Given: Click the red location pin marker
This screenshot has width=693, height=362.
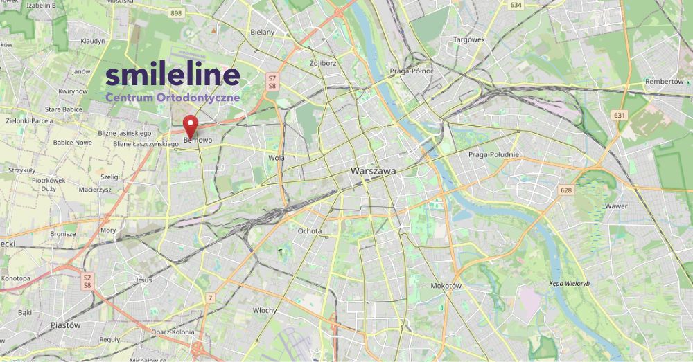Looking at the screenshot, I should coord(191,127).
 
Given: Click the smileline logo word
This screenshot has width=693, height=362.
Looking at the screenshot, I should coord(173,75).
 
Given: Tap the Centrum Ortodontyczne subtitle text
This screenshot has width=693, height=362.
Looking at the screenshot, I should coord(173,98).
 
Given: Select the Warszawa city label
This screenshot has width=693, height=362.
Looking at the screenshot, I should coord(373,170).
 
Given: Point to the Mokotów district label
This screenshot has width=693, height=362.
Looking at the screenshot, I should coord(446,285).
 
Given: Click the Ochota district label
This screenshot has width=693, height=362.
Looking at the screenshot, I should coord(309,230).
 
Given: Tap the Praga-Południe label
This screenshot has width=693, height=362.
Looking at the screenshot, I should coord(493,154).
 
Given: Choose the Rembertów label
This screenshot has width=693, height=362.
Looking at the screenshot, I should coord(664,81).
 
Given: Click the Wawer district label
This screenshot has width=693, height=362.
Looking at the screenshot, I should coord(615,206).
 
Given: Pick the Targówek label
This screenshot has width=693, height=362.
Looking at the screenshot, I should coord(468,39).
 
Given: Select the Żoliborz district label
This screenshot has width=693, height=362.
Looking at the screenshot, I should coord(323,63).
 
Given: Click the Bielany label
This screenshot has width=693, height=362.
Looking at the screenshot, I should coord(262,32).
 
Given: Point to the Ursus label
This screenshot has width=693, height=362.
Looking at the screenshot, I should coord(143,280).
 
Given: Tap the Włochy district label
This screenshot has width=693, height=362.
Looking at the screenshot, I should coord(265,310).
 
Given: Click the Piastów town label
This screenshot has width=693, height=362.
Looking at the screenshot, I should coord(66,325).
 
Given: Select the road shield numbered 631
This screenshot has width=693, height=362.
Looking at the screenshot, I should coord(620,114).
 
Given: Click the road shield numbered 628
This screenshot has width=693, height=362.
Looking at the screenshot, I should coord(566,190).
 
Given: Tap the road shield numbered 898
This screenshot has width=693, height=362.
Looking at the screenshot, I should coord(176,13).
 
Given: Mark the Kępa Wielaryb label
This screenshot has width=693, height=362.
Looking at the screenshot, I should coord(569,284).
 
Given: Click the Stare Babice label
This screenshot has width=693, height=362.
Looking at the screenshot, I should coord(63,109).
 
